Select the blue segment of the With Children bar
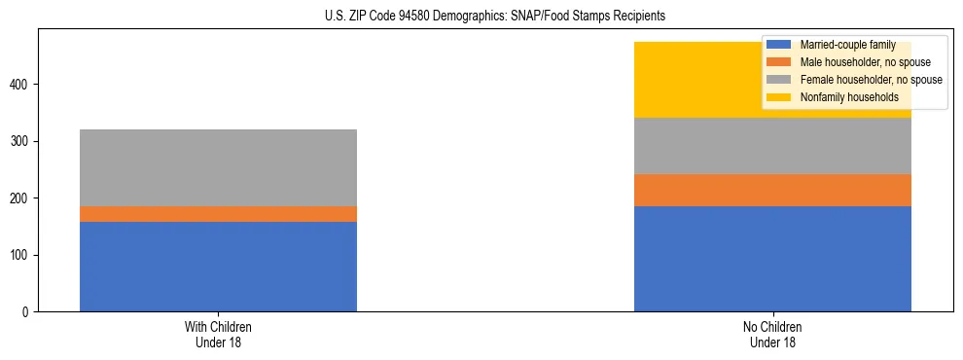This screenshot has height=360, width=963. (218, 267)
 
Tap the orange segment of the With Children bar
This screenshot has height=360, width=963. (218, 214)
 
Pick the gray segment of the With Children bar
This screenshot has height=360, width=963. (218, 167)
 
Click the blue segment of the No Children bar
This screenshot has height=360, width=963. (772, 259)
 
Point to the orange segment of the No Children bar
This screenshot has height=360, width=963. (772, 191)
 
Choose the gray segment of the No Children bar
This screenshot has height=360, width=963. (772, 146)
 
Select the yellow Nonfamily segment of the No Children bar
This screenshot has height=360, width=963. (681, 80)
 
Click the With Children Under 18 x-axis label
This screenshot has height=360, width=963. (218, 335)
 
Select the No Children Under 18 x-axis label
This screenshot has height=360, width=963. (772, 335)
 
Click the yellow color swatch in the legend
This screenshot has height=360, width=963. (779, 97)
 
